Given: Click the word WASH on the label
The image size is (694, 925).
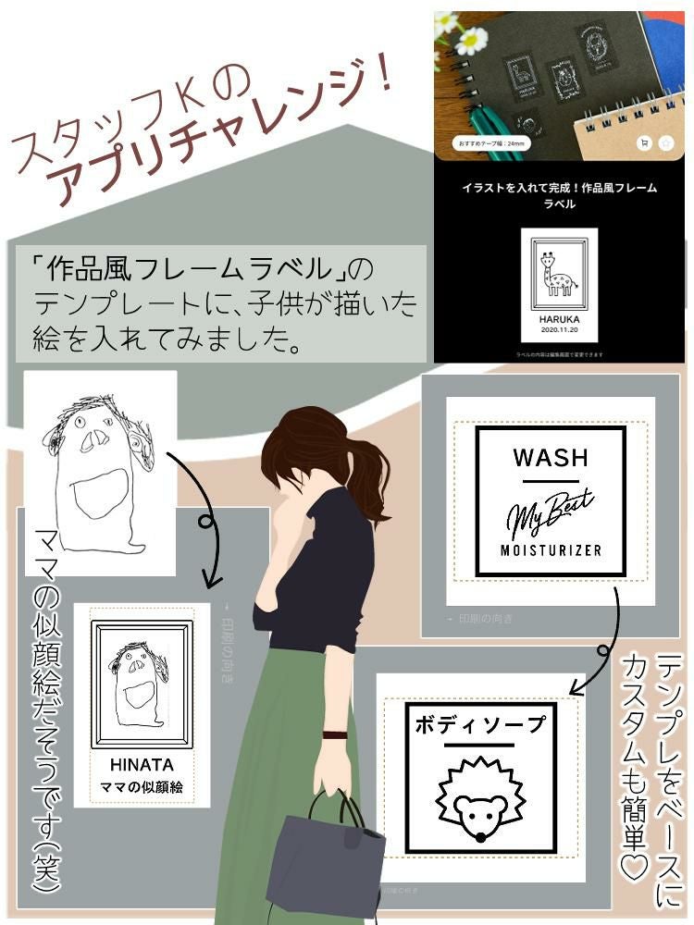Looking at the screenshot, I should tap(550, 457).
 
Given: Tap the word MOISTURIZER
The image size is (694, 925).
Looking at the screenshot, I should tap(551, 549).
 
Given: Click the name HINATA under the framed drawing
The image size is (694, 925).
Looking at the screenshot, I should tap(142, 765).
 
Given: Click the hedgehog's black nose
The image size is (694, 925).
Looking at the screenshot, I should tap(479, 837).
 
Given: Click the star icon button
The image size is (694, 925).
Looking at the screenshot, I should tap(665, 143).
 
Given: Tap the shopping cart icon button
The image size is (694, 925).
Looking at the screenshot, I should tap(643, 143).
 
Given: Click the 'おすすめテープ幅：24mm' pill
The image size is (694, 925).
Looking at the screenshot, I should tap(488, 144).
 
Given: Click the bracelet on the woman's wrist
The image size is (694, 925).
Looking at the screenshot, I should tap(333, 735).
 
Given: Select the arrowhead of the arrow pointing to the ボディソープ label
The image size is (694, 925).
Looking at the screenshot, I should tap(580, 686).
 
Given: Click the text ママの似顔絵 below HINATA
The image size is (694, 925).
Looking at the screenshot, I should tap(142, 787).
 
